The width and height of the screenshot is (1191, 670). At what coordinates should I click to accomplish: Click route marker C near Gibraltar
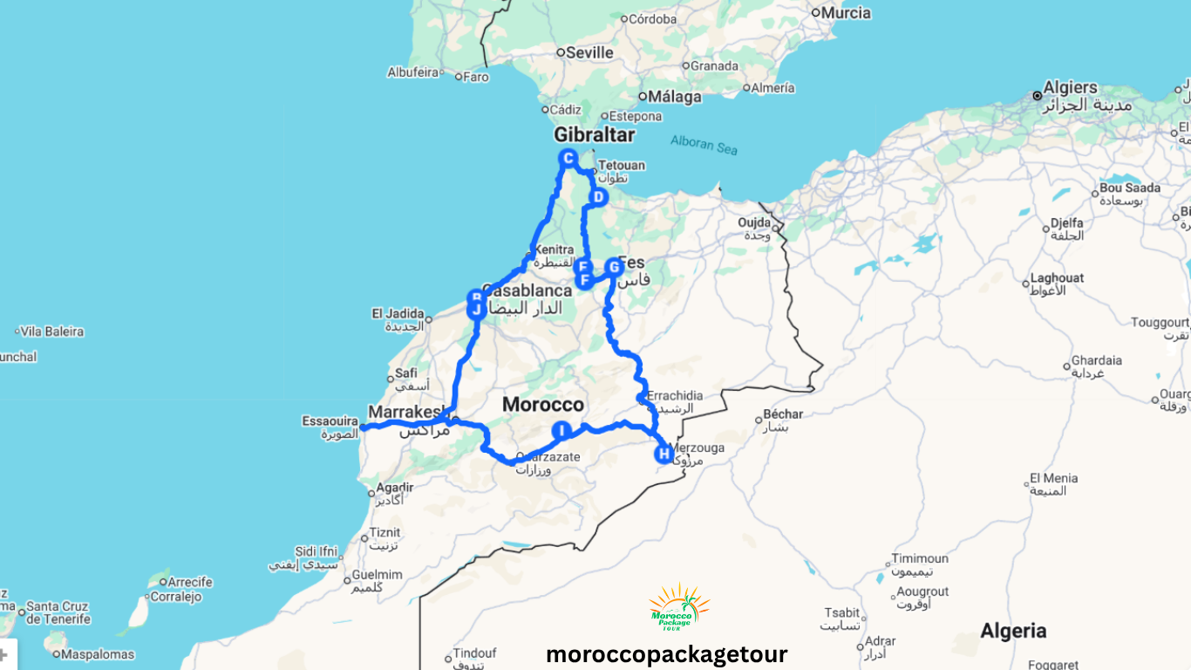coord(568,158)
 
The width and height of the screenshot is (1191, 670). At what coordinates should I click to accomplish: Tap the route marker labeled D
coord(598,198)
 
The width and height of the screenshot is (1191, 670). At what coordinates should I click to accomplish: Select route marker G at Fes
coord(614,266)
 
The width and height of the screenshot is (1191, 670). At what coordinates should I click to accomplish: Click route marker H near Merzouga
coord(664,454)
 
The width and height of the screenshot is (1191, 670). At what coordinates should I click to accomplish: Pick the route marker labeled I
coord(562,430)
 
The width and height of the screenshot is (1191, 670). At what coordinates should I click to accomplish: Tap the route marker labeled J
coord(476,310)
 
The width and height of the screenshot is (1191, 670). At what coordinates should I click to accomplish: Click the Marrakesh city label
coord(406,411)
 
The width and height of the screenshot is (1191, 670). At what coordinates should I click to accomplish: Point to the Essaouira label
coord(330,420)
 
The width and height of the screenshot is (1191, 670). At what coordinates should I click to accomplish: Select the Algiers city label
coord(1070,87)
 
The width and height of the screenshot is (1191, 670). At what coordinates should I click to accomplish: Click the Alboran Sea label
coord(704,145)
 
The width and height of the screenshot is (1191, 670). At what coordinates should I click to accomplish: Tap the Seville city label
coord(589,52)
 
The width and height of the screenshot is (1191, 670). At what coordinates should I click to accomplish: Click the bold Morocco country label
coord(542,405)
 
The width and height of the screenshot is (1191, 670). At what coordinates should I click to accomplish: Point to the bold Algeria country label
coord(1013,630)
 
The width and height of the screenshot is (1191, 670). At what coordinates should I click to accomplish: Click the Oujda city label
coord(754,222)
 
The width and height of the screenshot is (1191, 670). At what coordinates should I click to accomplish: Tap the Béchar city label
coord(783,414)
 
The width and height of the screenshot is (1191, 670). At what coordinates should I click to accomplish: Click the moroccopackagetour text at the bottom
coord(666,654)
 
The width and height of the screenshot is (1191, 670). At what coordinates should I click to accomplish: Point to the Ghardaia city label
coord(1097,360)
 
